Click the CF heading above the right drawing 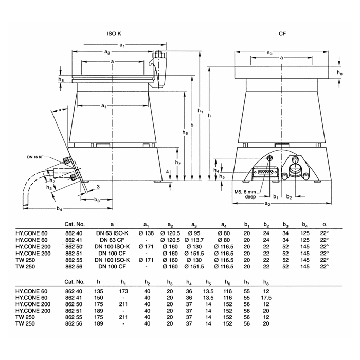(282, 34)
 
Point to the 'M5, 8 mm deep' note (245, 194)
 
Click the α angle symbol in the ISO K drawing (60, 110)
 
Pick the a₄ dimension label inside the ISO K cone (104, 106)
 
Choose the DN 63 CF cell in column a (112, 240)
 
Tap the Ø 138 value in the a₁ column (146, 233)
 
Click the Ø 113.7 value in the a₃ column (194, 240)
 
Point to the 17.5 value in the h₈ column (266, 298)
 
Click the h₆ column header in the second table (226, 282)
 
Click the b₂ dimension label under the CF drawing (289, 197)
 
